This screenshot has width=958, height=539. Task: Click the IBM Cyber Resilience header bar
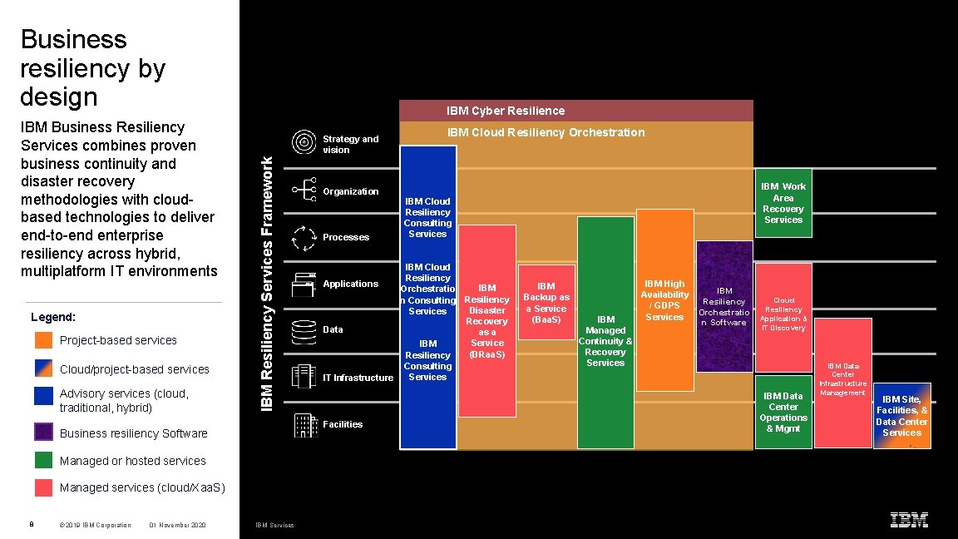click(575, 111)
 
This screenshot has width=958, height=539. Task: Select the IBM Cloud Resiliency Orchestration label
click(546, 132)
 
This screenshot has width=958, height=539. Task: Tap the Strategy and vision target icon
click(304, 143)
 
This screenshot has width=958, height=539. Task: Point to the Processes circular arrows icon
click(304, 238)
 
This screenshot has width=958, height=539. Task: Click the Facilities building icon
click(306, 425)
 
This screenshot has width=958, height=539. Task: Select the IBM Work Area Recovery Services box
click(783, 203)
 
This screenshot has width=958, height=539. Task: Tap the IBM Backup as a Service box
click(546, 302)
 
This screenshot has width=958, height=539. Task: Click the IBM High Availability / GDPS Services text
click(664, 300)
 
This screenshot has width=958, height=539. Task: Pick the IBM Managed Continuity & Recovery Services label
click(605, 341)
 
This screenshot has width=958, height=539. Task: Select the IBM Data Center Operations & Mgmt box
click(783, 412)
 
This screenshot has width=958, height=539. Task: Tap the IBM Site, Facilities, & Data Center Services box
click(901, 416)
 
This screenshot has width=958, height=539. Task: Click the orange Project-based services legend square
click(44, 340)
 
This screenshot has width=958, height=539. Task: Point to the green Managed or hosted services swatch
click(44, 460)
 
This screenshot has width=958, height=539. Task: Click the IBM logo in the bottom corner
click(909, 521)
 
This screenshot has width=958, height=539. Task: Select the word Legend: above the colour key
click(53, 317)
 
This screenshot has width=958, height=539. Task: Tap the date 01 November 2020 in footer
click(177, 525)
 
